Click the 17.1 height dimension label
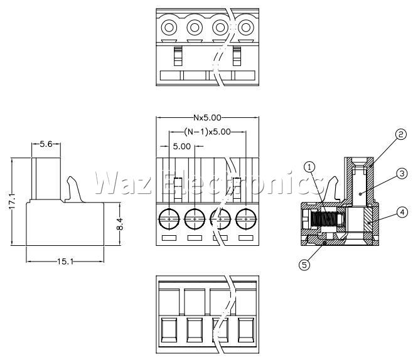coord(13,201)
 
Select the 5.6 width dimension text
coord(46,144)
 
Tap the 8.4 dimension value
coord(120,224)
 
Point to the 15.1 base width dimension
coord(65,262)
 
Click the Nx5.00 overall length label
coord(207,117)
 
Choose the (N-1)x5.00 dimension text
coord(207,131)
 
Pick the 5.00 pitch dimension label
coord(182,146)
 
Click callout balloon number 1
coord(309,167)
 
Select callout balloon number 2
coord(400,134)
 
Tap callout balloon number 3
coord(402,174)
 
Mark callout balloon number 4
coord(402,212)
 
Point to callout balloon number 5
coord(304,265)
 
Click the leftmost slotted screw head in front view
coord(169,219)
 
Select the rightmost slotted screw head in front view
coord(246,219)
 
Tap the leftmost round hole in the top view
coord(169,28)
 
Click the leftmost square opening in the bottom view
coord(169,330)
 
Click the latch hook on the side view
coord(74,189)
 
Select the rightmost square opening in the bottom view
coord(246,330)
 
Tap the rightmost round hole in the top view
coord(246,28)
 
